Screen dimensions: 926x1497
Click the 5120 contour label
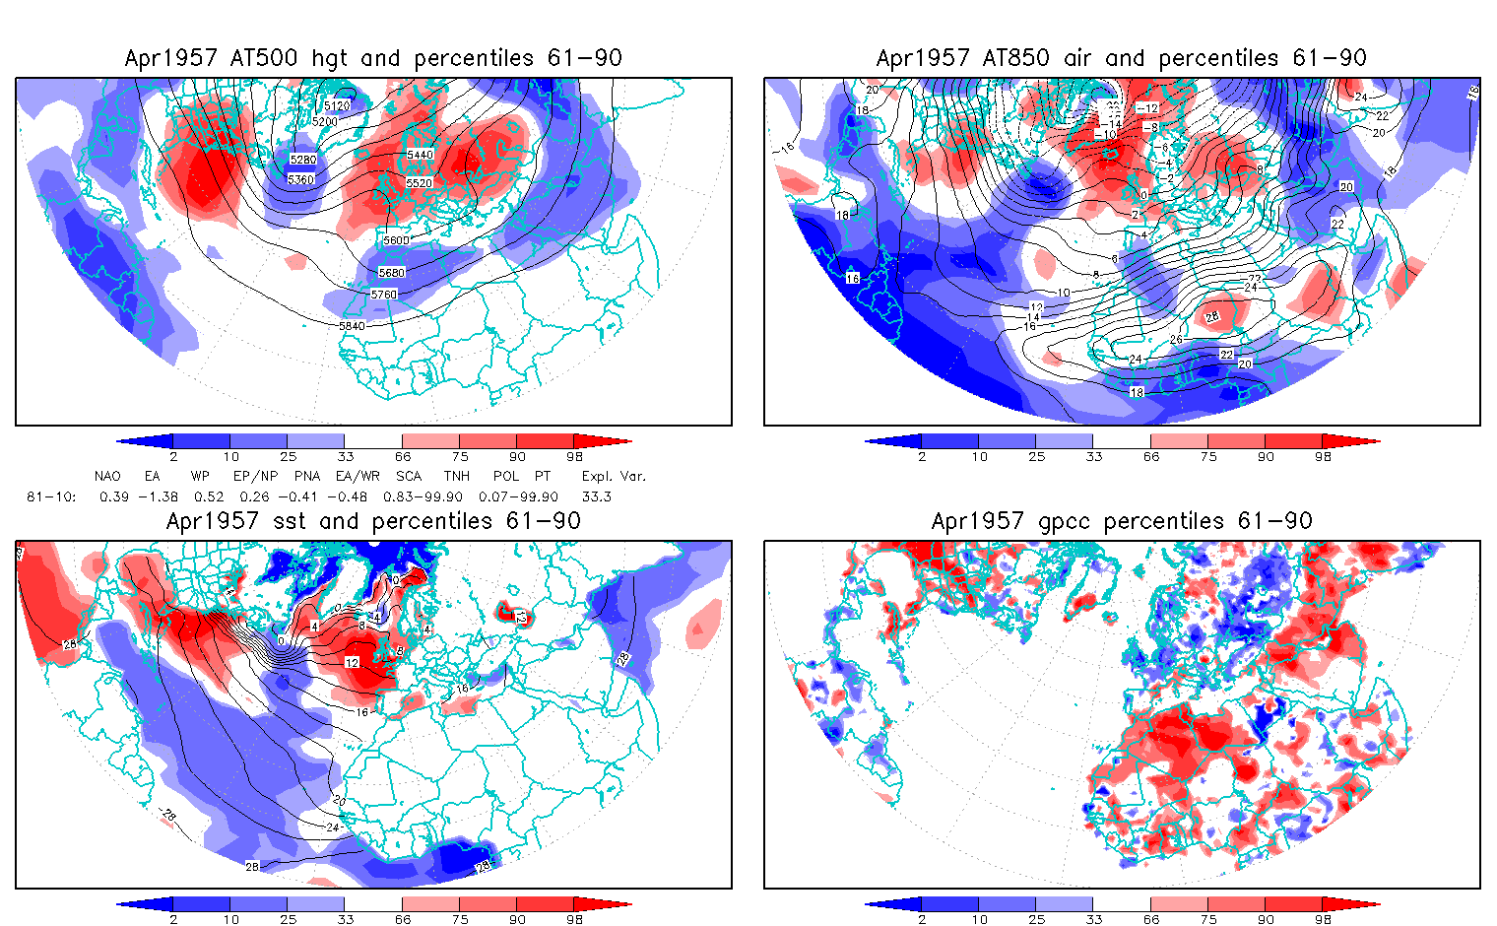[x=337, y=105]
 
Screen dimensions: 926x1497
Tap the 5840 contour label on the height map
[x=352, y=326]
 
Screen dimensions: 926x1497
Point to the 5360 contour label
[x=301, y=179]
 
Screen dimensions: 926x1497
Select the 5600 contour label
[x=396, y=240]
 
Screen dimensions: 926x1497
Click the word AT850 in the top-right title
[x=1015, y=58]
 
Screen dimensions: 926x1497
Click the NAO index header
[x=107, y=476]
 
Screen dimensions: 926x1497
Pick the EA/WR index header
[x=358, y=476]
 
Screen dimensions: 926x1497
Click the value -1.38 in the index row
[x=162, y=496]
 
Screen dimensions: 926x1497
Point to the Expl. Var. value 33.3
[x=596, y=496]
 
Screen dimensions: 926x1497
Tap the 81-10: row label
[x=51, y=496]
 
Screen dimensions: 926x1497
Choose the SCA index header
[x=408, y=476]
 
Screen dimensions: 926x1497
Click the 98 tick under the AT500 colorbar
[x=574, y=456]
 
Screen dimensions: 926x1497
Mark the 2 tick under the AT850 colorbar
[x=922, y=456]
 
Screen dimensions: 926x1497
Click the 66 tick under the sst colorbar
[x=403, y=919]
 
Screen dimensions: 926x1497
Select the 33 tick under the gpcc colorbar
[x=1093, y=919]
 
